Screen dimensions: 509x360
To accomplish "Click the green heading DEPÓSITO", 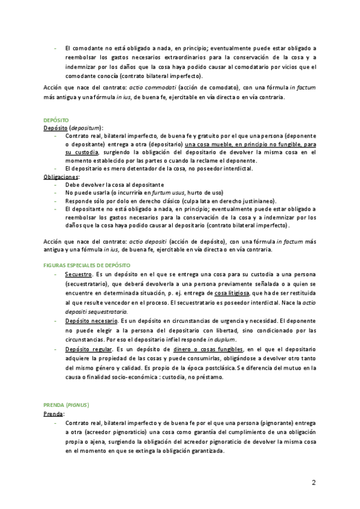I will (56, 120).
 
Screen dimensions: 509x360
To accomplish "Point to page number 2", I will (314, 483).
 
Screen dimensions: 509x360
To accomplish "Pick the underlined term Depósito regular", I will (87, 349).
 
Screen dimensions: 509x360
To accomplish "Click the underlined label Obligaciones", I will (61, 177).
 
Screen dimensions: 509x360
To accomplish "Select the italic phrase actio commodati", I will (158, 87).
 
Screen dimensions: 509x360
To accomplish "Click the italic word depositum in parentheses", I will (86, 128).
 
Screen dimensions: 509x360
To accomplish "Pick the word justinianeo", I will (257, 200).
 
